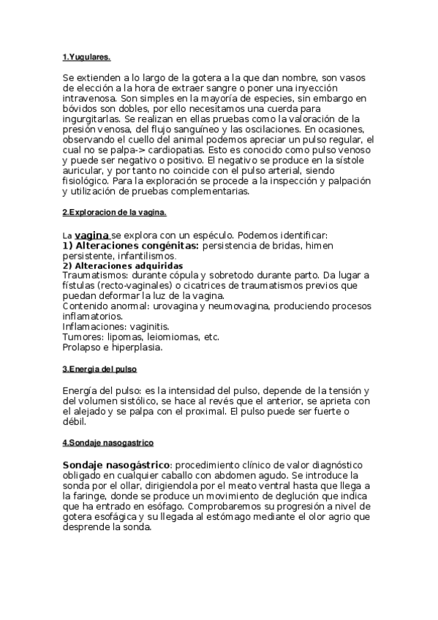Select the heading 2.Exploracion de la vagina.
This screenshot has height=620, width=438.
coord(114,213)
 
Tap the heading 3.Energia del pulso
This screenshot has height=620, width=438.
coord(99,369)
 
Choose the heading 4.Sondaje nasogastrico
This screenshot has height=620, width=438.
coord(107,443)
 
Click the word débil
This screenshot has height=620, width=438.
coord(74,422)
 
